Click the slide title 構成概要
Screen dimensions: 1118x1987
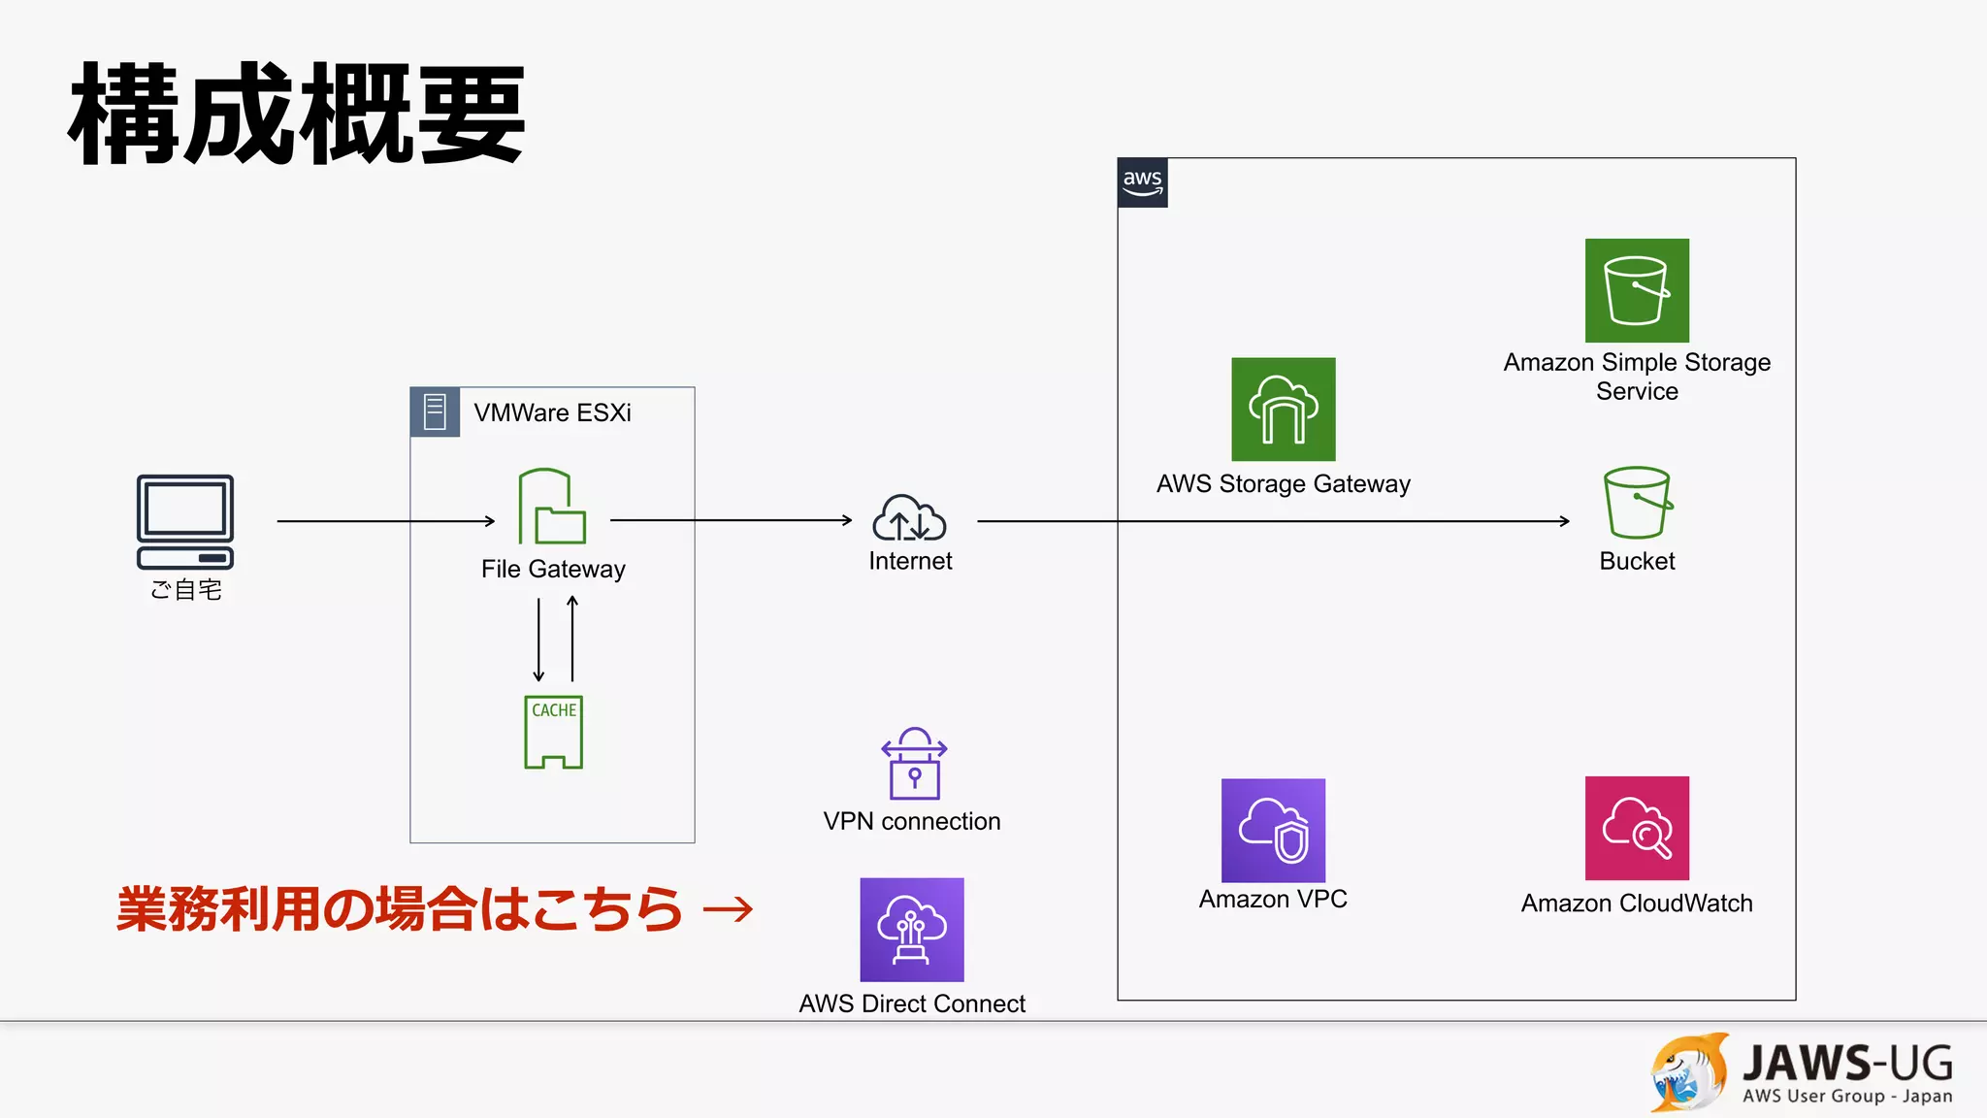297,115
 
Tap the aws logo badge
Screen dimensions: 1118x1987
1142,182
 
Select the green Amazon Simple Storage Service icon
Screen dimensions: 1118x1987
1637,290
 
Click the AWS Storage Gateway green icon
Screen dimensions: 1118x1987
1283,410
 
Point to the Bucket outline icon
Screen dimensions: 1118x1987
1637,503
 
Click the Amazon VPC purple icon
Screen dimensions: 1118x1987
1273,830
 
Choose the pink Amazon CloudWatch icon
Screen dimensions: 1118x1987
1637,828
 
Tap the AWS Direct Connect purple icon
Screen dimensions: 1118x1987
911,930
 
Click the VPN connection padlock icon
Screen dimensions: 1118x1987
913,764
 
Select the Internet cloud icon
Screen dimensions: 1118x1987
909,518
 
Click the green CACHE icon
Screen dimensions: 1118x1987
553,733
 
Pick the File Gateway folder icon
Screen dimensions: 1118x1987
551,507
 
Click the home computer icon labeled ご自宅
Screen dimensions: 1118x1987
185,521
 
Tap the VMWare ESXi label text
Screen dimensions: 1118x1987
552,412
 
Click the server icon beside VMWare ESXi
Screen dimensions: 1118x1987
435,411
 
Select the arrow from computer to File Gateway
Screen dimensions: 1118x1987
385,521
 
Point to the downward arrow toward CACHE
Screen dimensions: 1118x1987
538,641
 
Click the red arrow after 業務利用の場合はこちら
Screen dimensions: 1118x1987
728,909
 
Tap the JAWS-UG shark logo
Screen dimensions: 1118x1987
1689,1072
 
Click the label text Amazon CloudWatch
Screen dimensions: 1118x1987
1637,904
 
